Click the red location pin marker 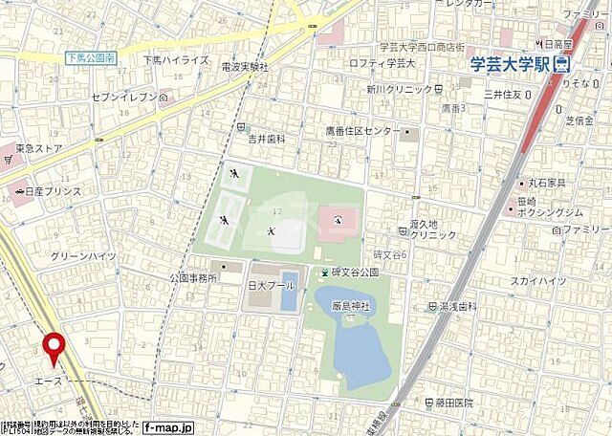click(54, 348)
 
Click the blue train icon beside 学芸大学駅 click(561, 64)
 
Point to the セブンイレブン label click(125, 97)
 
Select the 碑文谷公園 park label click(355, 272)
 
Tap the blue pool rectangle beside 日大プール click(289, 298)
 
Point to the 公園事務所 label click(194, 277)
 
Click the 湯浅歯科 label click(457, 307)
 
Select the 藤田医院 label click(453, 403)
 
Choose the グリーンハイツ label click(83, 256)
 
